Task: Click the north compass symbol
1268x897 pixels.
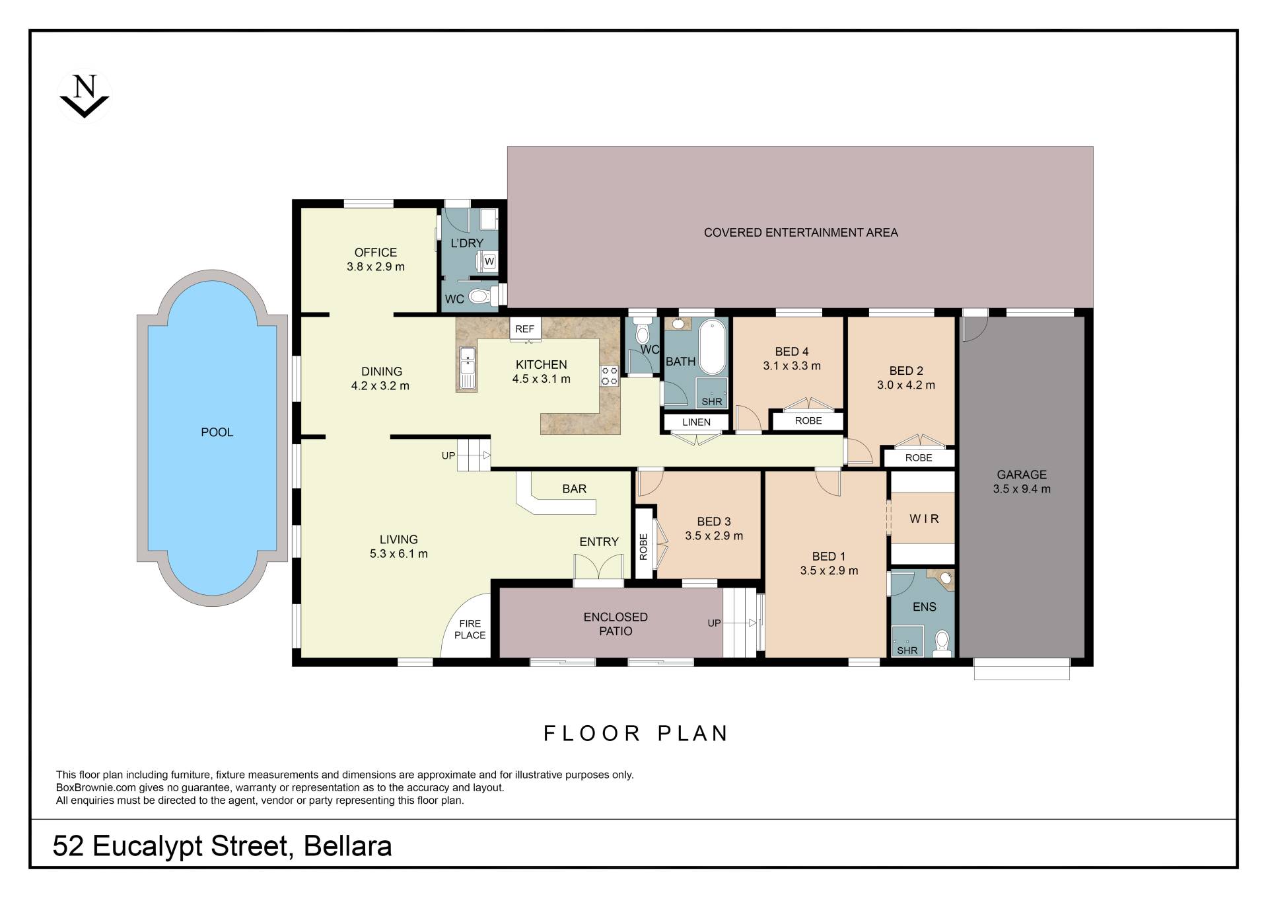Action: click(85, 97)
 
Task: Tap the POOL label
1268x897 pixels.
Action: click(217, 432)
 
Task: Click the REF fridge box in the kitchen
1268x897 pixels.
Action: click(525, 329)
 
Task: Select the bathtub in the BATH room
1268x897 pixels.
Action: click(712, 347)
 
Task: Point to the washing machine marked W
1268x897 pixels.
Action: click(489, 262)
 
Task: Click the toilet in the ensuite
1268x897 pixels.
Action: click(942, 641)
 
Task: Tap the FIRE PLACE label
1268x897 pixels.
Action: click(470, 629)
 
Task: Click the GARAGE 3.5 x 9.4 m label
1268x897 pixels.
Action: click(1022, 482)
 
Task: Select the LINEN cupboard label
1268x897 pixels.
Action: click(696, 422)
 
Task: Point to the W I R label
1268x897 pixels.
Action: click(924, 519)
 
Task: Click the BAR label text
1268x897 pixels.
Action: click(574, 489)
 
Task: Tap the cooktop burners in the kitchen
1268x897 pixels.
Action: click(609, 375)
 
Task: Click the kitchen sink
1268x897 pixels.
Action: click(467, 369)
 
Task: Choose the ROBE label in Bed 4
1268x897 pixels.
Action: click(808, 421)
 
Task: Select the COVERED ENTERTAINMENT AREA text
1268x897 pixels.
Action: click(800, 233)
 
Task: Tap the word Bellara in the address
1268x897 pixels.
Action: click(347, 846)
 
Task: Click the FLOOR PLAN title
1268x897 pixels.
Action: click(635, 733)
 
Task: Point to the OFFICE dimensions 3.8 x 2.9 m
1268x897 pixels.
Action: click(376, 267)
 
